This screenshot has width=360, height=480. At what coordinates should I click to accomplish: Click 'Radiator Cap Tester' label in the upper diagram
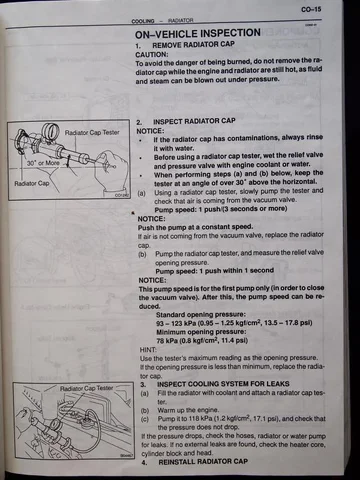tap(91, 132)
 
